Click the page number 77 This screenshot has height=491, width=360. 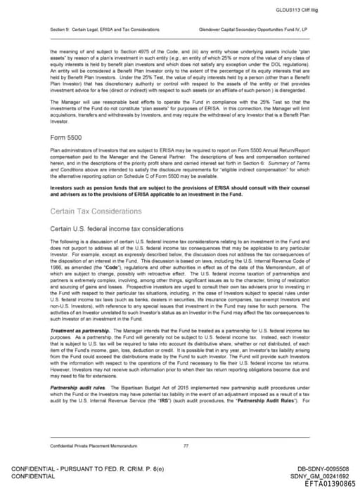[x=186, y=445]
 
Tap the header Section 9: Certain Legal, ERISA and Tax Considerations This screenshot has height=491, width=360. [x=105, y=30]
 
